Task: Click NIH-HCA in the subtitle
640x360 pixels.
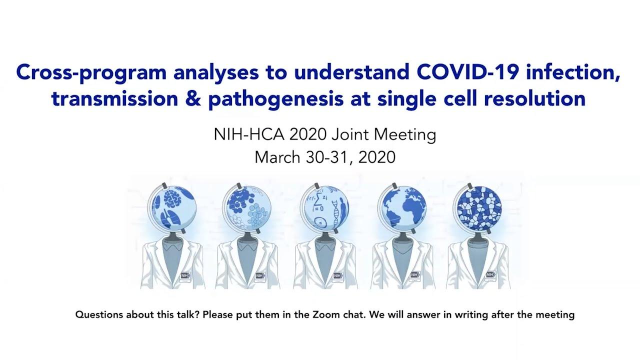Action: (x=249, y=134)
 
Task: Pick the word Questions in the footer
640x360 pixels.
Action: (x=99, y=314)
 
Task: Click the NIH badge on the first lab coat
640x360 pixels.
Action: (x=185, y=275)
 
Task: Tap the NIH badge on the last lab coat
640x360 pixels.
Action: (x=491, y=274)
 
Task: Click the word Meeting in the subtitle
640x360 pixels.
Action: (x=405, y=135)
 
